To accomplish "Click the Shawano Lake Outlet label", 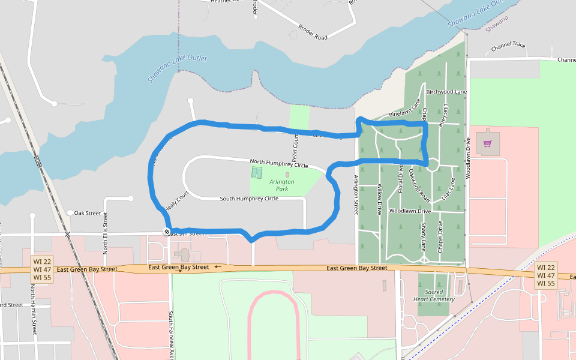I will click(177, 68).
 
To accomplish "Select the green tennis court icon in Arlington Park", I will click(256, 173).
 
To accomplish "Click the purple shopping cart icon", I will click(487, 143).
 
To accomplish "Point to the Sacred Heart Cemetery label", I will click(434, 295).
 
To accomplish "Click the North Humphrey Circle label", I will click(278, 163).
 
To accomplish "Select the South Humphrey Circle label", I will click(249, 199).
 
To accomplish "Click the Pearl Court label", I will click(295, 149).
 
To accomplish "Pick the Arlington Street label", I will click(356, 194).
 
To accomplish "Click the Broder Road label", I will click(313, 33).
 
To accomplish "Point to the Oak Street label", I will click(87, 213).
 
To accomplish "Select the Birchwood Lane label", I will click(446, 92).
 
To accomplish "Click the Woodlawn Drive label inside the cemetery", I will click(410, 211).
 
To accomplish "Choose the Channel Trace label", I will click(508, 46).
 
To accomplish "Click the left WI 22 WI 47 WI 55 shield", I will click(42, 269).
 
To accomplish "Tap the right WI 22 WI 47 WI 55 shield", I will click(547, 275).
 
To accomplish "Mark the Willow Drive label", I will click(379, 199).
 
